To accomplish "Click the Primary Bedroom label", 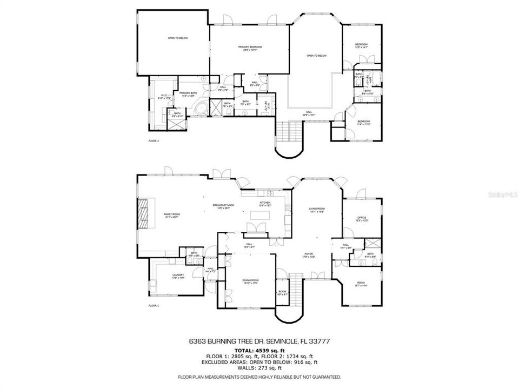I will tap(250, 48).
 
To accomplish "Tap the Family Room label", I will tap(172, 214).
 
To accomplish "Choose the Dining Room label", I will tap(250, 280).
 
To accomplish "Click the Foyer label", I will tap(309, 253).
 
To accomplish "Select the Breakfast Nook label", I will tap(223, 205).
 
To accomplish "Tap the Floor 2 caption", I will tap(154, 141).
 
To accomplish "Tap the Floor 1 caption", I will tap(154, 306).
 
